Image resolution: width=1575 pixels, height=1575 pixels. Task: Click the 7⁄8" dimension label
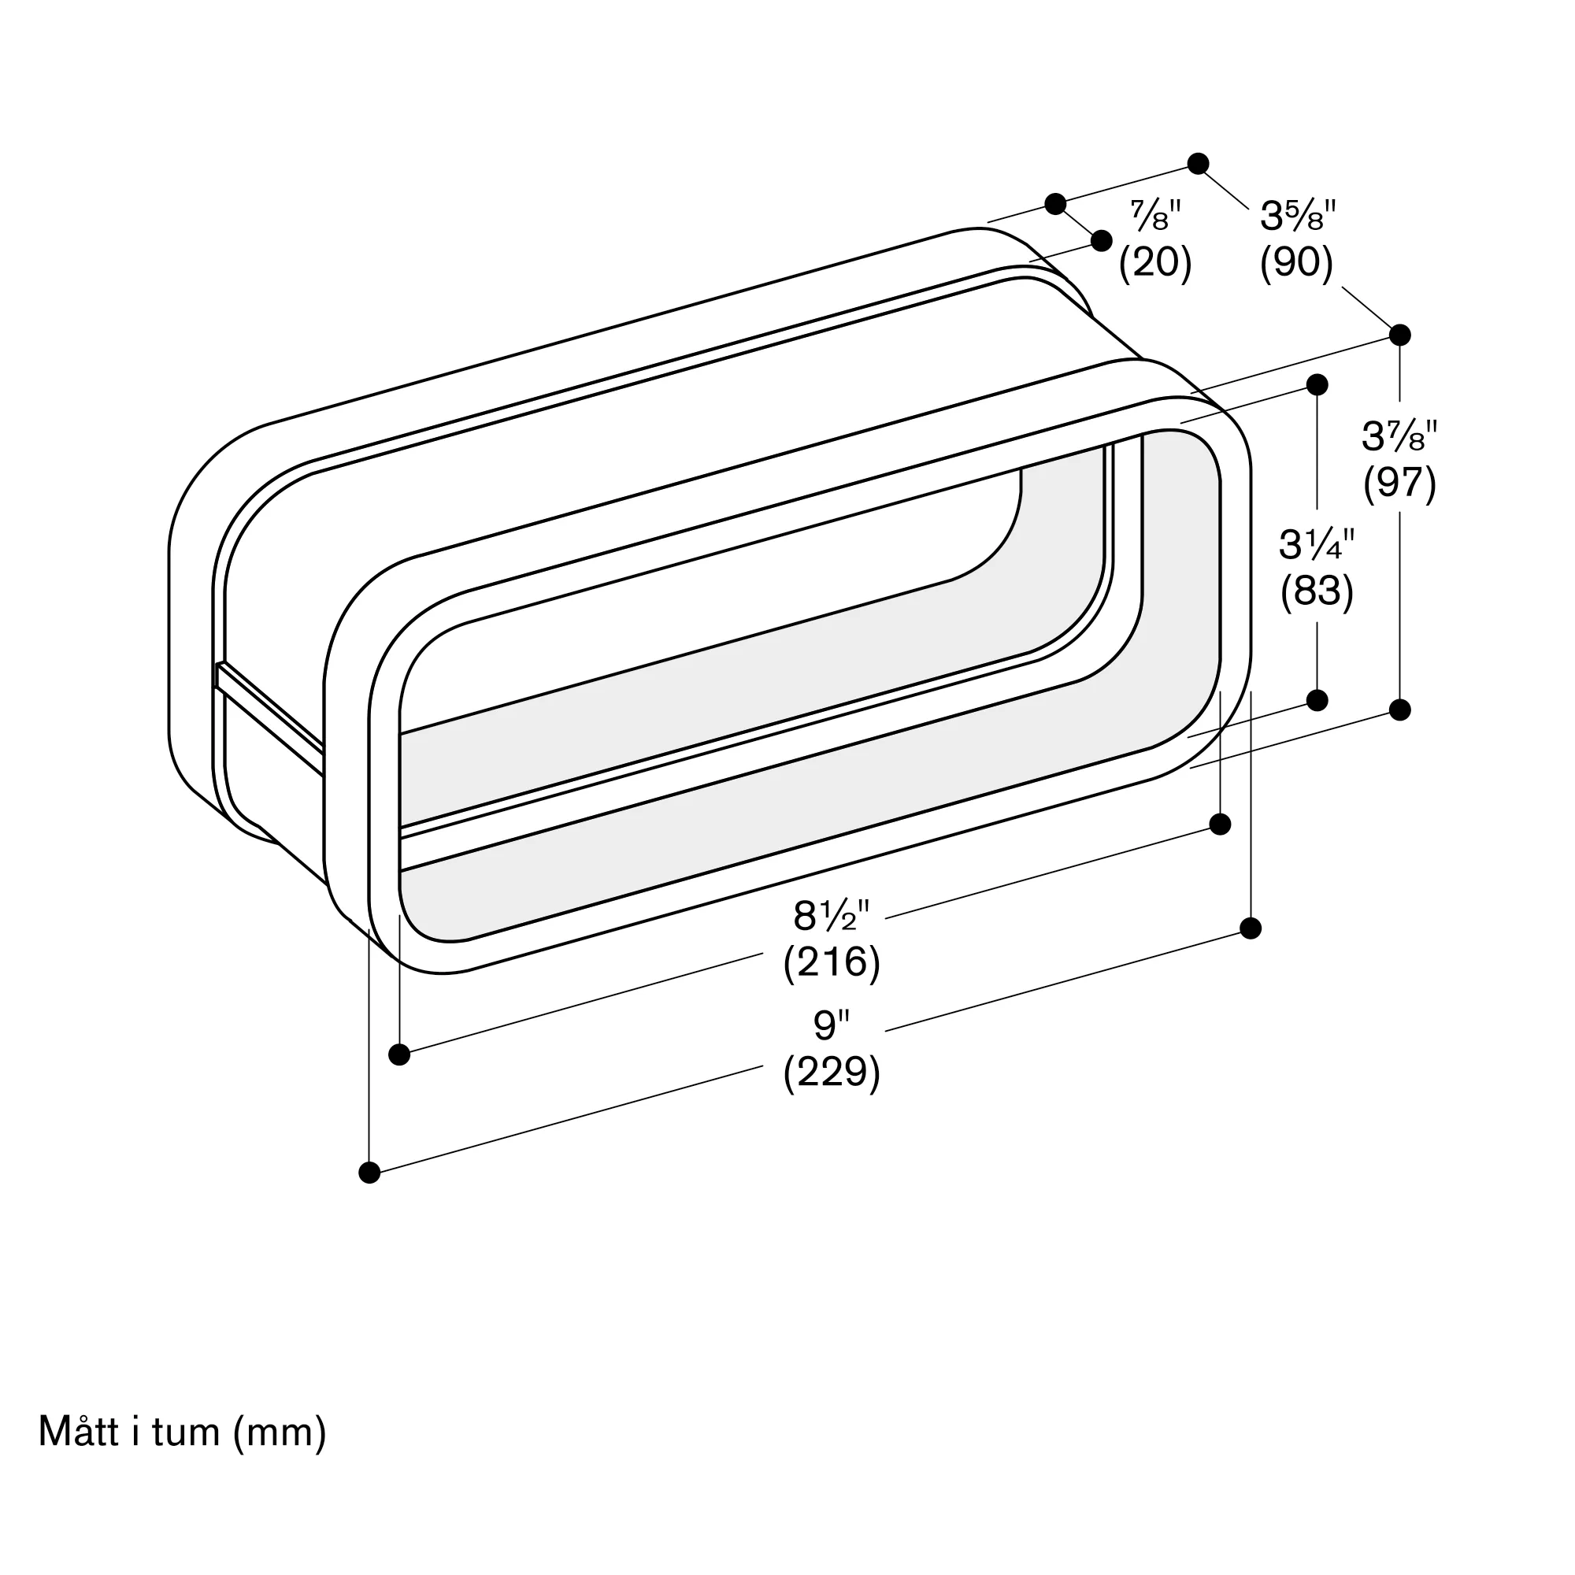tap(1155, 215)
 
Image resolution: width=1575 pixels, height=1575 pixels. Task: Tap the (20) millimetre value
tap(1155, 262)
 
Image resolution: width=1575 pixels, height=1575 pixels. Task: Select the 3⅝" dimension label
tap(1298, 216)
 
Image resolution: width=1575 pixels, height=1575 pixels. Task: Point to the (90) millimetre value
tap(1296, 262)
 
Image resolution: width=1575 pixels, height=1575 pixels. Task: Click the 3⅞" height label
tap(1399, 436)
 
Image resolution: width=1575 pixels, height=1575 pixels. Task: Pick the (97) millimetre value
tap(1399, 483)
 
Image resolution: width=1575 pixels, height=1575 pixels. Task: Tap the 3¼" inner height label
tap(1317, 545)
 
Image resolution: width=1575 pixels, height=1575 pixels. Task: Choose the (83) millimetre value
tap(1317, 591)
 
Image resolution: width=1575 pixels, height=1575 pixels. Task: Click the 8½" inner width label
tap(832, 917)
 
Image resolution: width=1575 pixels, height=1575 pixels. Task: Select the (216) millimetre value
tap(832, 963)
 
